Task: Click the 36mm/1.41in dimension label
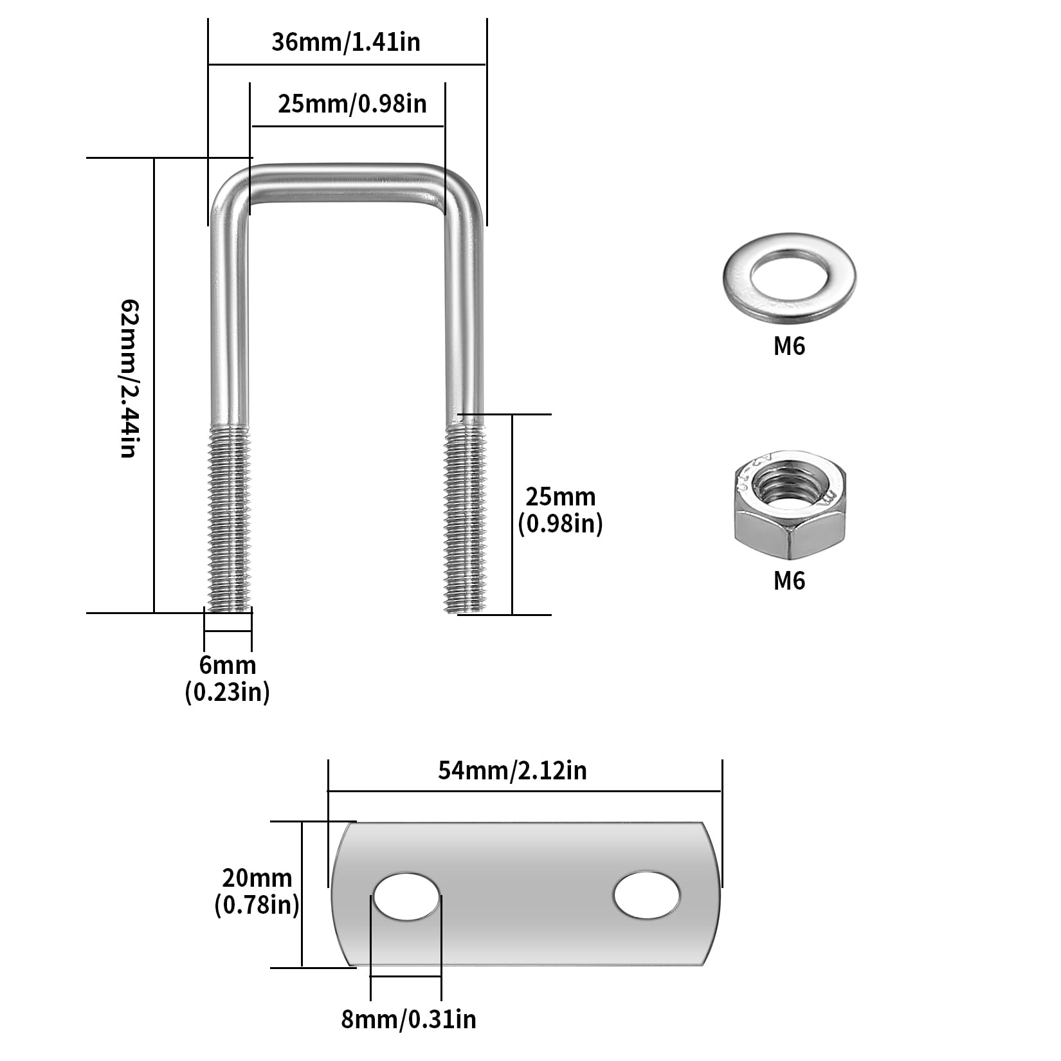(346, 42)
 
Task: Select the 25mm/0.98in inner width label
(352, 103)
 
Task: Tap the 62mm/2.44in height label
(129, 378)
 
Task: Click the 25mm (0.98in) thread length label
(561, 511)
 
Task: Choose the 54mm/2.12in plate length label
(512, 770)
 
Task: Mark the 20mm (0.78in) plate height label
(257, 891)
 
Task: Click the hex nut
(790, 504)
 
